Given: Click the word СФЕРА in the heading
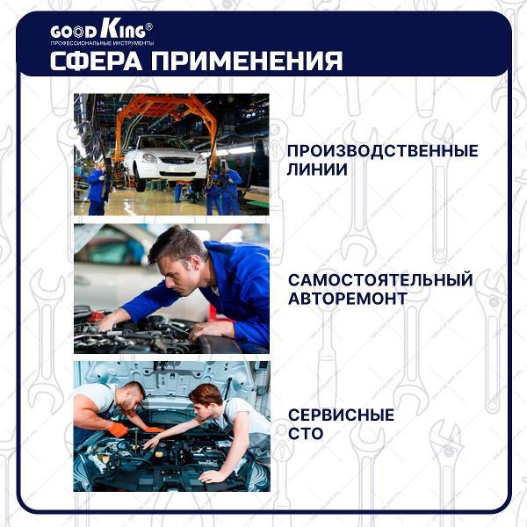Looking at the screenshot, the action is pyautogui.click(x=96, y=61).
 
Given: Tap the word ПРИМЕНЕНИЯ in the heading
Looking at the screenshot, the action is pyautogui.click(x=247, y=61).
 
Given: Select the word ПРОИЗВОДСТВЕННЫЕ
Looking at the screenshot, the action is pyautogui.click(x=382, y=151).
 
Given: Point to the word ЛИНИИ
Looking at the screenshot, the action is pyautogui.click(x=317, y=169).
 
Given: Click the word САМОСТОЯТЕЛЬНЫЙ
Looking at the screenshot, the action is pyautogui.click(x=380, y=280).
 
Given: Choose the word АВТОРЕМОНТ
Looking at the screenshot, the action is pyautogui.click(x=348, y=299).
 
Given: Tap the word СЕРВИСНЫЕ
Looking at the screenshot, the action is pyautogui.click(x=341, y=415).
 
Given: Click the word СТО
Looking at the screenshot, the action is pyautogui.click(x=306, y=433).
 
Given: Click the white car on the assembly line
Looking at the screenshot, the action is pyautogui.click(x=165, y=161).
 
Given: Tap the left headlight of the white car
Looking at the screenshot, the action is pyautogui.click(x=149, y=158).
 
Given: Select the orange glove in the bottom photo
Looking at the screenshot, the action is pyautogui.click(x=118, y=430).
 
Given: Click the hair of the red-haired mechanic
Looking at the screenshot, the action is pyautogui.click(x=206, y=393).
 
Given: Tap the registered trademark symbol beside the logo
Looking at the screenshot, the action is pyautogui.click(x=149, y=26).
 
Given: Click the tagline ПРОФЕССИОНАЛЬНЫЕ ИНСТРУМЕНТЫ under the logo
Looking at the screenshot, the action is pyautogui.click(x=102, y=43).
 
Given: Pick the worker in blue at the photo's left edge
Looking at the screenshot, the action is pyautogui.click(x=97, y=191).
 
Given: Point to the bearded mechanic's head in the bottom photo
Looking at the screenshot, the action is pyautogui.click(x=133, y=395).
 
